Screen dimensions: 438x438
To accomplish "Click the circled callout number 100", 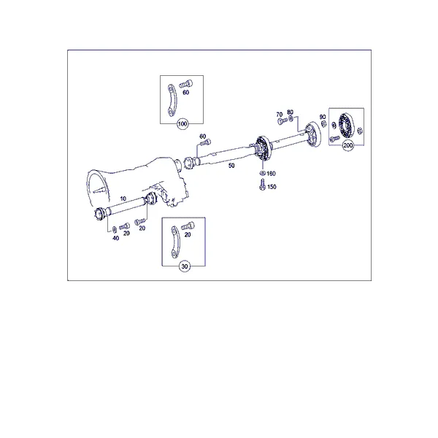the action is point(182,124).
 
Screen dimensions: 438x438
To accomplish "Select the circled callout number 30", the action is point(185,266).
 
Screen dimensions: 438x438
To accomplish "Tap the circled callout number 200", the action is point(347,145).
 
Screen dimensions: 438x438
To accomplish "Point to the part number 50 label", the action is point(231,166).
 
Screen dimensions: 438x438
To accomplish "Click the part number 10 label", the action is point(123,199).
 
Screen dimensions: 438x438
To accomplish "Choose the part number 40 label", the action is point(115,238).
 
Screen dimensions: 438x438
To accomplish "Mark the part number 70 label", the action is point(280,115).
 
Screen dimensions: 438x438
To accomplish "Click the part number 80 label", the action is point(291,112).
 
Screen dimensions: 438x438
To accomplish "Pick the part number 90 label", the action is point(323,117).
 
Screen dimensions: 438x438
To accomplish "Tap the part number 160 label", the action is point(272,174).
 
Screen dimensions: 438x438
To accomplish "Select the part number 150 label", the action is point(272,187).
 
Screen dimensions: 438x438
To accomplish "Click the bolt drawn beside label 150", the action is point(262,185).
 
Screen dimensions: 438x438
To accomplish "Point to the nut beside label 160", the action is point(263,173).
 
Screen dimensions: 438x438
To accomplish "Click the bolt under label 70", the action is point(283,121).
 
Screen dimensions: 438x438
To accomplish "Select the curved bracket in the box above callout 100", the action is point(172,100).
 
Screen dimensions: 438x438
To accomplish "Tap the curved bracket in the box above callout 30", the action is point(174,242).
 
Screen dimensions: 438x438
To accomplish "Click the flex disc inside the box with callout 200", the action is point(346,126).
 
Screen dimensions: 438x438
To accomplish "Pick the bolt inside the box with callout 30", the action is point(188,226).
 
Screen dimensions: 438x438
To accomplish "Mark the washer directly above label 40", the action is point(115,230).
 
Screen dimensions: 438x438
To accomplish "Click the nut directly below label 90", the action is point(323,124).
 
